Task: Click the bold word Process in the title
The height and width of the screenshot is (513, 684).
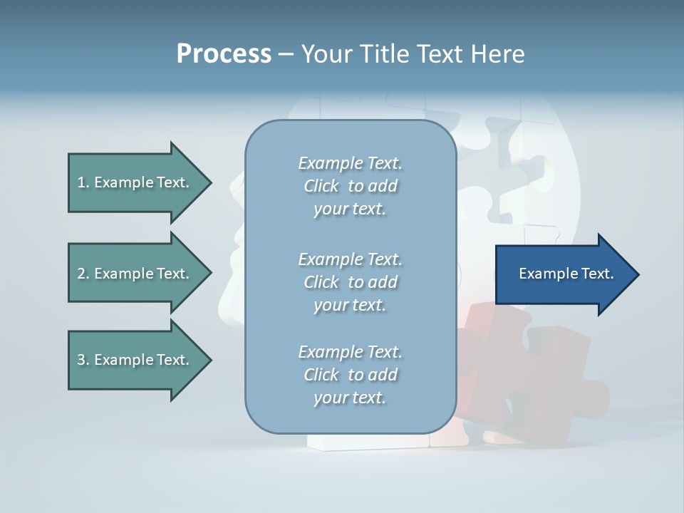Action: click(x=224, y=54)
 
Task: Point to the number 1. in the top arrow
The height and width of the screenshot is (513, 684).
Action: click(x=83, y=182)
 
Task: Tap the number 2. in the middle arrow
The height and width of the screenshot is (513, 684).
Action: click(x=83, y=274)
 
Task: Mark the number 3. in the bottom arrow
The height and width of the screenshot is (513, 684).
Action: click(x=83, y=360)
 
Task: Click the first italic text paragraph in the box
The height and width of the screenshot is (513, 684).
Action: click(x=350, y=186)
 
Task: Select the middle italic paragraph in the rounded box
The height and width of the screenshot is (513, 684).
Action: click(x=350, y=282)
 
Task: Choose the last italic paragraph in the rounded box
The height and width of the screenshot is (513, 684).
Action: click(x=350, y=375)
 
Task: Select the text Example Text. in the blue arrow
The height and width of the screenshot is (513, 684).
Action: click(x=566, y=274)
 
